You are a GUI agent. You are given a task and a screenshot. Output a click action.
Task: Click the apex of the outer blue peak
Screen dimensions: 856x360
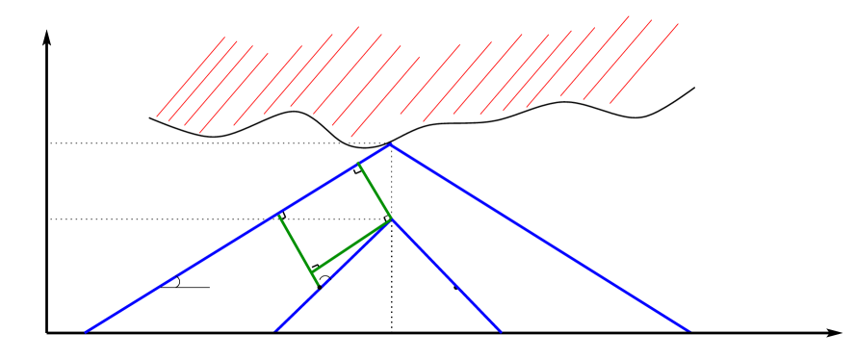pyautogui.click(x=390, y=144)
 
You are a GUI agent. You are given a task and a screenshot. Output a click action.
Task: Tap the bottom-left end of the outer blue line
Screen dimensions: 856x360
pyautogui.click(x=86, y=332)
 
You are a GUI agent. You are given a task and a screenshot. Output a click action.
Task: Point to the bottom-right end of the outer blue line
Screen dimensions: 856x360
pyautogui.click(x=689, y=331)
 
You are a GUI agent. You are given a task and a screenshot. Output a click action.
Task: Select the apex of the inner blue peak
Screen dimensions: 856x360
pyautogui.click(x=392, y=219)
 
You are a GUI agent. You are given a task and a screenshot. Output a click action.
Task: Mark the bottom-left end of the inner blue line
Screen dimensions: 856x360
pyautogui.click(x=275, y=331)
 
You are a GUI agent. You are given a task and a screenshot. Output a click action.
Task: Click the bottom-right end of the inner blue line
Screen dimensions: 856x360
pyautogui.click(x=501, y=331)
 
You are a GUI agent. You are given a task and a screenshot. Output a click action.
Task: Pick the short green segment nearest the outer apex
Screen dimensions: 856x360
pyautogui.click(x=375, y=191)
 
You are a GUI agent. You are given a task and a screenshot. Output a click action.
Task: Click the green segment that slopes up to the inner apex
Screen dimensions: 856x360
pyautogui.click(x=352, y=245)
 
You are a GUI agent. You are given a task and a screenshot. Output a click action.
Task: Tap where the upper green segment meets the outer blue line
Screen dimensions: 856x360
pyautogui.click(x=358, y=163)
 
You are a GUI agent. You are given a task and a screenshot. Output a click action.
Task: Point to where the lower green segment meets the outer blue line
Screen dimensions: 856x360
pyautogui.click(x=278, y=214)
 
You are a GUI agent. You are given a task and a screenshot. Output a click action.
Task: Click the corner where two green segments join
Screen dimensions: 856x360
pyautogui.click(x=313, y=272)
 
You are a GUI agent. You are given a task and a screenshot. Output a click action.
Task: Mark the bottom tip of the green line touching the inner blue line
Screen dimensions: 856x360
pyautogui.click(x=319, y=286)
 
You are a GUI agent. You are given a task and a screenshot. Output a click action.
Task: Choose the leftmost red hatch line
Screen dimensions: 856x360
pyautogui.click(x=191, y=77)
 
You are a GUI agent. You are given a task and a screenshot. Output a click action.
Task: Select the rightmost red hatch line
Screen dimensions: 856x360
pyautogui.click(x=644, y=64)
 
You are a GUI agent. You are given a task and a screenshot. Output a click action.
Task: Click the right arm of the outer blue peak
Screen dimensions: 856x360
pyautogui.click(x=539, y=238)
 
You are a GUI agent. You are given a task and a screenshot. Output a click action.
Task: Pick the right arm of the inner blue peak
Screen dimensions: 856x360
pyautogui.click(x=446, y=275)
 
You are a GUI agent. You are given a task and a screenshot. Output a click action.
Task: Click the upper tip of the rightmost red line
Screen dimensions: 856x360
pyautogui.click(x=679, y=24)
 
